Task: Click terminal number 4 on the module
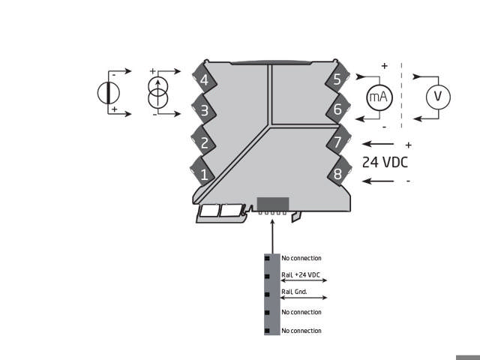[x=203, y=79]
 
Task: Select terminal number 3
[x=203, y=111]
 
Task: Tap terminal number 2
[x=203, y=142]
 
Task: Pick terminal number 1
[x=203, y=175]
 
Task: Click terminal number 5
[x=337, y=79]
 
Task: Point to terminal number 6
[x=337, y=109]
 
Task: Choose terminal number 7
[x=337, y=142]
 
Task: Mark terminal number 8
[x=337, y=175]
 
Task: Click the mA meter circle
[x=379, y=97]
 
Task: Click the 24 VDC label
[x=385, y=162]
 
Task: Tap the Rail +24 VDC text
[x=300, y=275]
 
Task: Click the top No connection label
[x=301, y=258]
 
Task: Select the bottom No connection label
[x=301, y=331]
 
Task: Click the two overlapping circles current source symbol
[x=157, y=93]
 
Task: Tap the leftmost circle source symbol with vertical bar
[x=109, y=93]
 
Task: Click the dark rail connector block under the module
[x=272, y=203]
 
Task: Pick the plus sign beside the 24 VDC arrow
[x=408, y=145]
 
